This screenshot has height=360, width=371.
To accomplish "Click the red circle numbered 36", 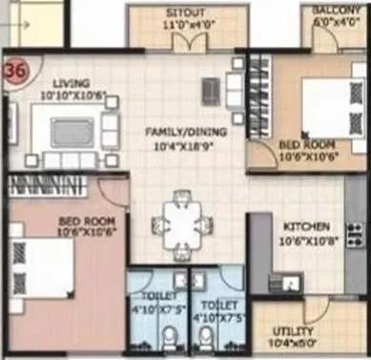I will coord(15,70).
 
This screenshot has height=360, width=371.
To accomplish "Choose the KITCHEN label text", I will coord(307,227).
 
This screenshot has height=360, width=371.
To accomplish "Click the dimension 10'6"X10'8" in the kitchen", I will coord(307,242).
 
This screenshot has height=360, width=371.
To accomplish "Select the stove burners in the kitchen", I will coord(355,233).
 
